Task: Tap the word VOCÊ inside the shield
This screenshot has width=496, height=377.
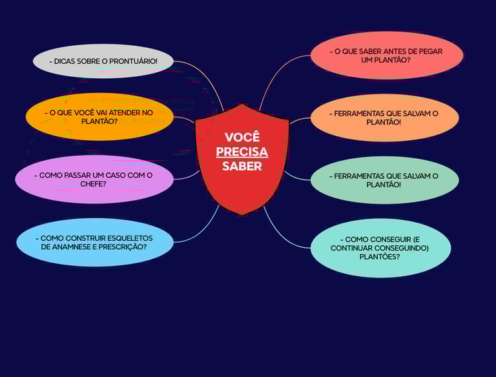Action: [242, 138]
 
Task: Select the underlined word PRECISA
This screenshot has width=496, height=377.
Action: [242, 152]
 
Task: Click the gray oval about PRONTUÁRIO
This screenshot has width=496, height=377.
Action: [103, 61]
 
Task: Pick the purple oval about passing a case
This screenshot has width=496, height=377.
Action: [94, 179]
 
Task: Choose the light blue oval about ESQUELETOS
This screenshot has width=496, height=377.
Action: [94, 242]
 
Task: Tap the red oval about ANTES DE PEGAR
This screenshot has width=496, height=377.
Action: [387, 56]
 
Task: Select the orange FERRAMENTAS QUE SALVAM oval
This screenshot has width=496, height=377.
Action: [384, 117]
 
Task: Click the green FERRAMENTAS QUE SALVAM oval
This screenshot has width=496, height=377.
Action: [384, 180]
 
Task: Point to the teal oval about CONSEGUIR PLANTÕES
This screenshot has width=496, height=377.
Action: [380, 248]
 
